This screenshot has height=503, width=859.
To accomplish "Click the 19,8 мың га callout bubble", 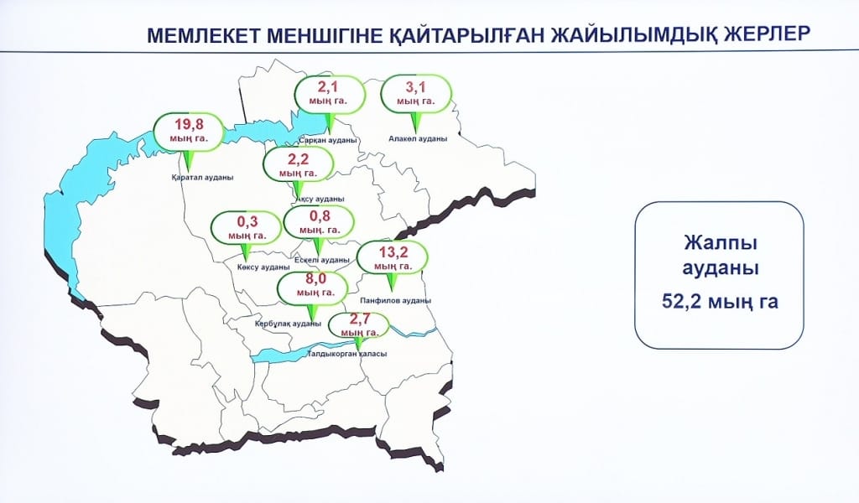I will (x=189, y=132).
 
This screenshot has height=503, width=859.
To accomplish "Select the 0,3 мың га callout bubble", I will (x=246, y=228).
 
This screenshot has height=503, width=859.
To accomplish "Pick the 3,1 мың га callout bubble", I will (x=416, y=93).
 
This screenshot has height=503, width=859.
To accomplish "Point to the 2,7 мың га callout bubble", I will (x=357, y=325).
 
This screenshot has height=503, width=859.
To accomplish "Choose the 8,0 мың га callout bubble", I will (x=312, y=287).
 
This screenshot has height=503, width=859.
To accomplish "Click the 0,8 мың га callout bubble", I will (x=319, y=222).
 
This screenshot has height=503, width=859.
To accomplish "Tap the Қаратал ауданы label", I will (x=201, y=178).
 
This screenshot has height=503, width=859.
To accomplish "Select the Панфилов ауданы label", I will (x=393, y=300).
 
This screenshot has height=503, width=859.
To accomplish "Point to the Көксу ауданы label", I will (x=258, y=267).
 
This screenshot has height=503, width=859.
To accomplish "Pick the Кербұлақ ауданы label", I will (x=288, y=324).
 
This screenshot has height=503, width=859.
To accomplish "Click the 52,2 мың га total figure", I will (x=719, y=302).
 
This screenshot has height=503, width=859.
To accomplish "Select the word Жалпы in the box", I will (x=719, y=243).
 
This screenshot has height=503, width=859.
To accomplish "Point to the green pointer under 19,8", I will (x=188, y=160).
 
